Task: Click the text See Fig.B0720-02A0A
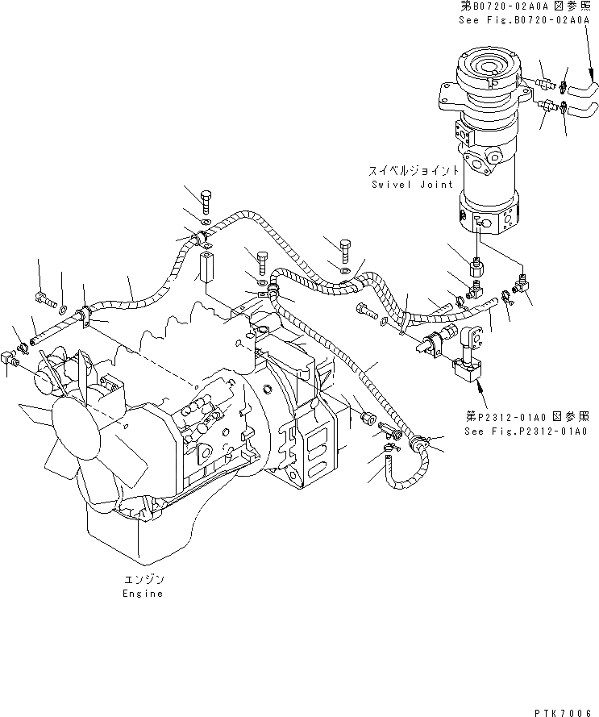[x=525, y=23]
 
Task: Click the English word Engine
[x=143, y=593]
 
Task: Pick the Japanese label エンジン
[x=143, y=579]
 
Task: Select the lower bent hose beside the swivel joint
[x=582, y=108]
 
